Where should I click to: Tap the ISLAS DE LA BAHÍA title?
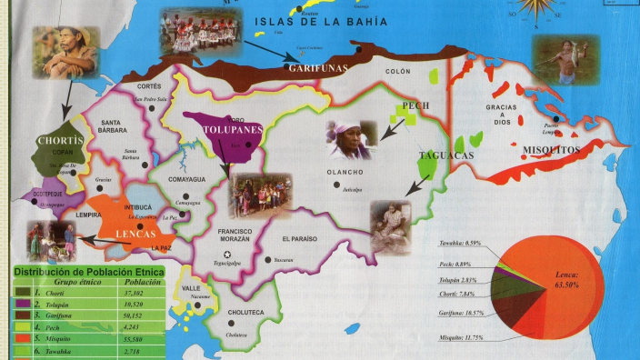tap(321, 21)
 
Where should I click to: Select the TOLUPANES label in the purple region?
tap(234, 130)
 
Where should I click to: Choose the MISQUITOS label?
tap(552, 148)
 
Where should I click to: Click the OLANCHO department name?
tap(345, 172)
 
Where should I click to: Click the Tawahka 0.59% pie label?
tap(459, 245)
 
